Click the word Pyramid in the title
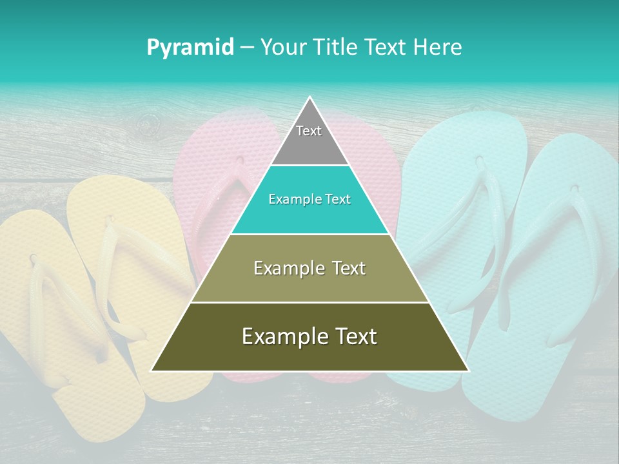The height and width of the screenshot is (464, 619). click(190, 48)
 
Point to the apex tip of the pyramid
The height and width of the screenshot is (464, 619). click(309, 98)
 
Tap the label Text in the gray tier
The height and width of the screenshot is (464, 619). click(309, 131)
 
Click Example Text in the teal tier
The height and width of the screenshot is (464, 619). click(309, 199)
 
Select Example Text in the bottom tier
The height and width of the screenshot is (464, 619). click(309, 336)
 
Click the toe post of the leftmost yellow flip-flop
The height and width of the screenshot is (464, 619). click(34, 259)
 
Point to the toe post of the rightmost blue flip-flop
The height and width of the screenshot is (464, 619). click(573, 189)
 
